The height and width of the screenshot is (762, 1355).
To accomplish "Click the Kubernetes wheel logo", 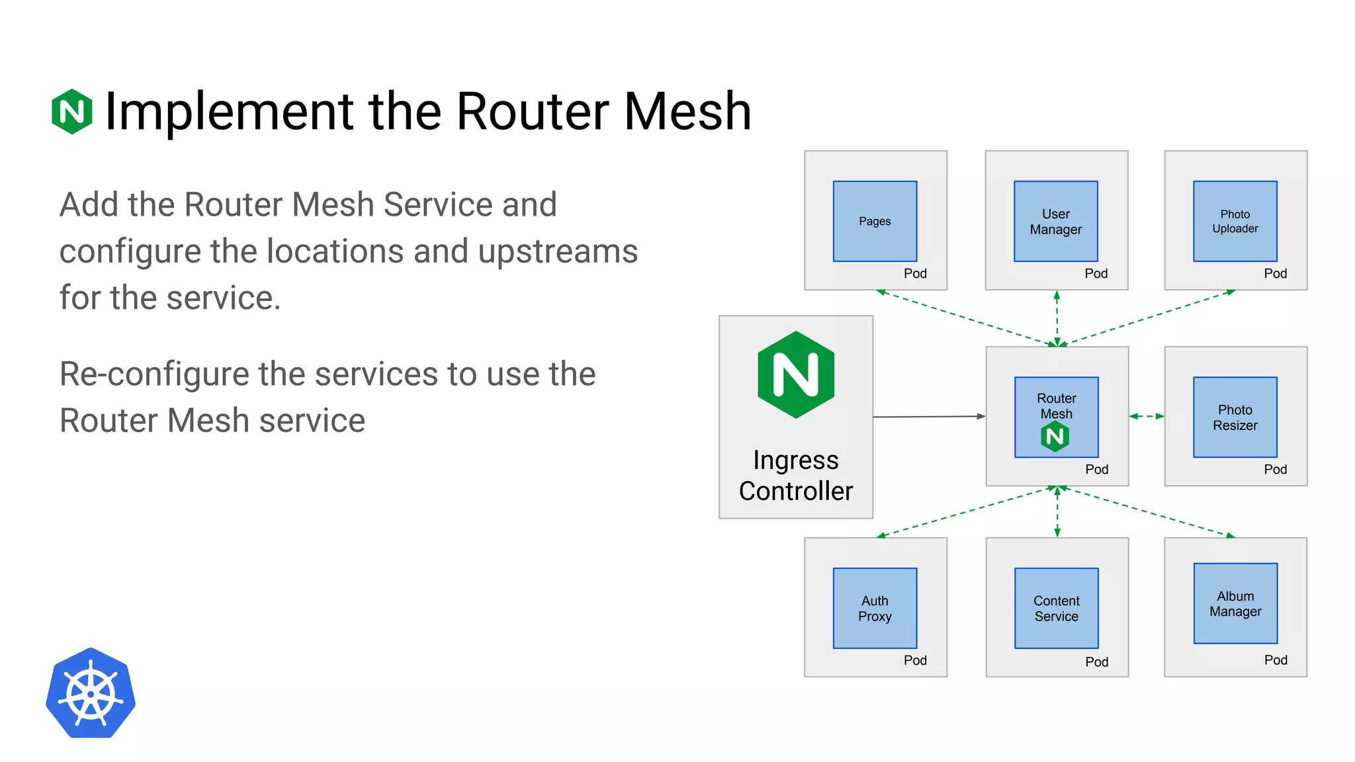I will [x=91, y=693].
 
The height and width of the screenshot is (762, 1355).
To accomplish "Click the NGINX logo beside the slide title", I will [x=71, y=111].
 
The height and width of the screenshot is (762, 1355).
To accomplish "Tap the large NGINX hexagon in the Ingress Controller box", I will [x=796, y=374].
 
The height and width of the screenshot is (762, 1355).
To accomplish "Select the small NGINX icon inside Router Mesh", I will [x=1055, y=437].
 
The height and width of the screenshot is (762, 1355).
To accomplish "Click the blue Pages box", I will [x=875, y=221].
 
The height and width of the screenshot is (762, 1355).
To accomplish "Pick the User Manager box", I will [x=1055, y=221].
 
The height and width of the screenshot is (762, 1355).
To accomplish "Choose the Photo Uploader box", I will [x=1235, y=221].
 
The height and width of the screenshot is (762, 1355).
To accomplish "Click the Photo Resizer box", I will [x=1235, y=417].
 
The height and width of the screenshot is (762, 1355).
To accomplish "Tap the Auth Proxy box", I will [x=875, y=608].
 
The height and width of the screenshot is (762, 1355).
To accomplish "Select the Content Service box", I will [x=1056, y=608].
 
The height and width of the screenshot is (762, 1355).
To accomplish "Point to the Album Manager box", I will [x=1235, y=603].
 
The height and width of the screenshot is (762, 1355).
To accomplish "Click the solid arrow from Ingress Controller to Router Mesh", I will [x=929, y=417].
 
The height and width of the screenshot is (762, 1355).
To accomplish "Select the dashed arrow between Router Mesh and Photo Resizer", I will [x=1147, y=416].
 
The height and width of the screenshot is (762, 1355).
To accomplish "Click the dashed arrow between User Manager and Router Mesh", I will [x=1057, y=318].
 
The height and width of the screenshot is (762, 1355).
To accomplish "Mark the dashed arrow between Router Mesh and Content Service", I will [x=1057, y=511].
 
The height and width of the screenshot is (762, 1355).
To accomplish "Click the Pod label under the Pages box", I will [x=915, y=273].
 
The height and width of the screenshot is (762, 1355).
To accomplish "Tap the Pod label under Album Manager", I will [x=1275, y=659].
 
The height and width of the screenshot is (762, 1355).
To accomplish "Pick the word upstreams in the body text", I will [x=557, y=251].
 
